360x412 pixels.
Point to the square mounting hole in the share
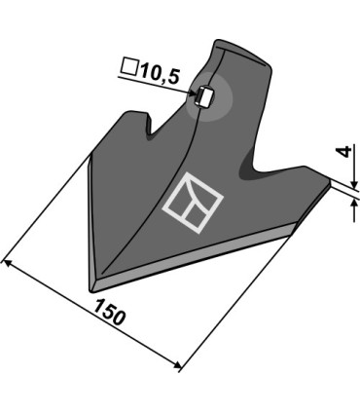point(205,96)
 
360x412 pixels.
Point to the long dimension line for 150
point(92,314)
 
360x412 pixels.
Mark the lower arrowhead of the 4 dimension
point(346,191)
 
